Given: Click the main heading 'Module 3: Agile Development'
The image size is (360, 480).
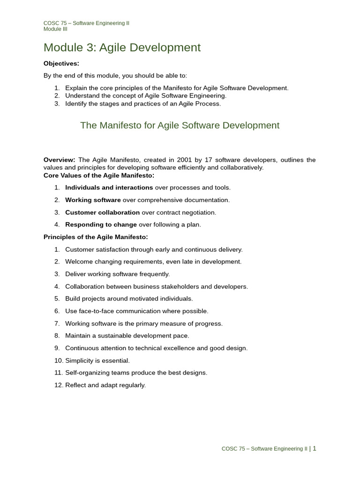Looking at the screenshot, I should (x=122, y=48).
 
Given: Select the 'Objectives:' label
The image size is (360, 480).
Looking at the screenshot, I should (x=61, y=63).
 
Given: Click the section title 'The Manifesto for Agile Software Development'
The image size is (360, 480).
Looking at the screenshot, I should (x=180, y=126).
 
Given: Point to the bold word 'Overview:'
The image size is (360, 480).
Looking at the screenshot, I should (x=59, y=160).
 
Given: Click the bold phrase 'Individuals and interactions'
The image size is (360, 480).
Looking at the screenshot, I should (x=109, y=187).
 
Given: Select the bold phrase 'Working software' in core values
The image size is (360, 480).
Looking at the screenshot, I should (x=93, y=200).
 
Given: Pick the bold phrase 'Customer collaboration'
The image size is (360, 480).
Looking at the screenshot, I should (x=102, y=212).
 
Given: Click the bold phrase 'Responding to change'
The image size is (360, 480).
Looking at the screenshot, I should (x=101, y=225).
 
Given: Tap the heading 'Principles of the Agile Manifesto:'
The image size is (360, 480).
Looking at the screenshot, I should (x=96, y=237).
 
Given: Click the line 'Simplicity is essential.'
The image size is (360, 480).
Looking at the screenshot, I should (x=97, y=360).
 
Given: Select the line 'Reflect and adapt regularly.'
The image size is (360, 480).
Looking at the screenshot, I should (x=105, y=385).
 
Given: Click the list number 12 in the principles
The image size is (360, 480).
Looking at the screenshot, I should (x=58, y=385).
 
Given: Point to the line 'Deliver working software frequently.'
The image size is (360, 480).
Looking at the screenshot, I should (x=117, y=274).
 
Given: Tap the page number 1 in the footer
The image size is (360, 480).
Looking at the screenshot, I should (x=315, y=449).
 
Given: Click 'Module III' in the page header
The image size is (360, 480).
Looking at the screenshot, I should (x=55, y=29).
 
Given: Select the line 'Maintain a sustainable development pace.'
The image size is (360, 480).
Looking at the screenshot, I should (x=127, y=336).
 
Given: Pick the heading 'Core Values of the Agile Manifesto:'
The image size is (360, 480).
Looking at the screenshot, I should (x=99, y=175).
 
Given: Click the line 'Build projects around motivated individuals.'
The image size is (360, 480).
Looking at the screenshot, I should (x=129, y=299).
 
